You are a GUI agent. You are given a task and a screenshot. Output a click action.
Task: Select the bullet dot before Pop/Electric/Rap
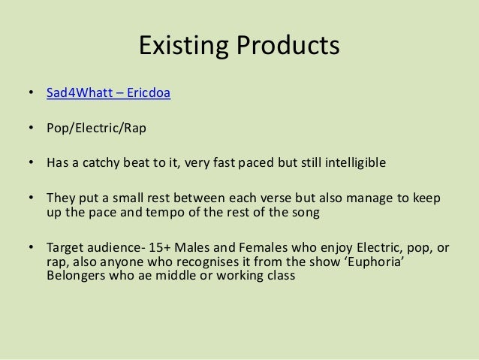click(30, 128)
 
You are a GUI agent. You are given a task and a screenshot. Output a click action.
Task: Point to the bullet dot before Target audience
click(30, 248)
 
